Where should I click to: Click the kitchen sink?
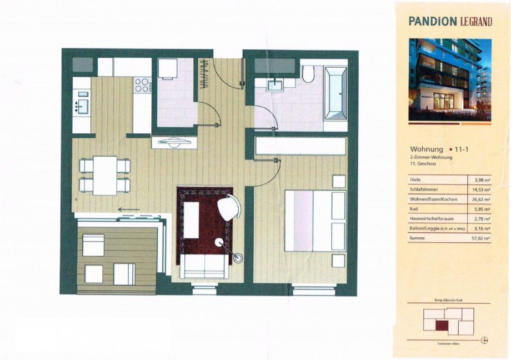[81, 106]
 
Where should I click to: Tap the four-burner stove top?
[142, 86]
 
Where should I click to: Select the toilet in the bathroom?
[309, 74]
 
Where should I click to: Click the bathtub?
[335, 93]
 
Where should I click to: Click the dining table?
[105, 175]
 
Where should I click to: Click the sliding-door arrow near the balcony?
[128, 210]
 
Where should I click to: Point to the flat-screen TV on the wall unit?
[174, 142]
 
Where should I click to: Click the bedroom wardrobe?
[300, 146]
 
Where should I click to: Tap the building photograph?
[450, 79]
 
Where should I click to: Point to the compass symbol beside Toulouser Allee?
[485, 339]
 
